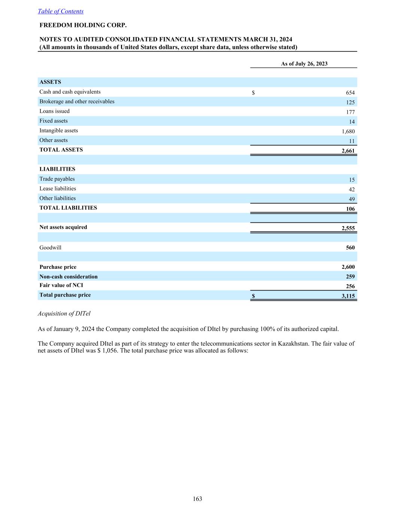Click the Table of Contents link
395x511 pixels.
61,11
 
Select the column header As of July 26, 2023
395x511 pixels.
304,64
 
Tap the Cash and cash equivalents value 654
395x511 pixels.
350,93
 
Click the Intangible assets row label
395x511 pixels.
59,131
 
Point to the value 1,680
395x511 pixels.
348,131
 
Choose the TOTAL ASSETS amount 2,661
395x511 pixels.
348,151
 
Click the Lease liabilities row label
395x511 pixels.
58,189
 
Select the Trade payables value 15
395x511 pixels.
352,180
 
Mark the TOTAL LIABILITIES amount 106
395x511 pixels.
350,209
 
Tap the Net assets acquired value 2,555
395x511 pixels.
348,228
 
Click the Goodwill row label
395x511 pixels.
51,248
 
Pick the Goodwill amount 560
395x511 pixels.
350,248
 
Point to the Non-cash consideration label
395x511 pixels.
69,277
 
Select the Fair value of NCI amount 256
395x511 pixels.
350,286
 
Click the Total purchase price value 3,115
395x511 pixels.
348,296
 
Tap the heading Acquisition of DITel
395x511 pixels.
64,314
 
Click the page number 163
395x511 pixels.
197,499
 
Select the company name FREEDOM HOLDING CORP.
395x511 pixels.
83,25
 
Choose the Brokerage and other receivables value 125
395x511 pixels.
350,103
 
